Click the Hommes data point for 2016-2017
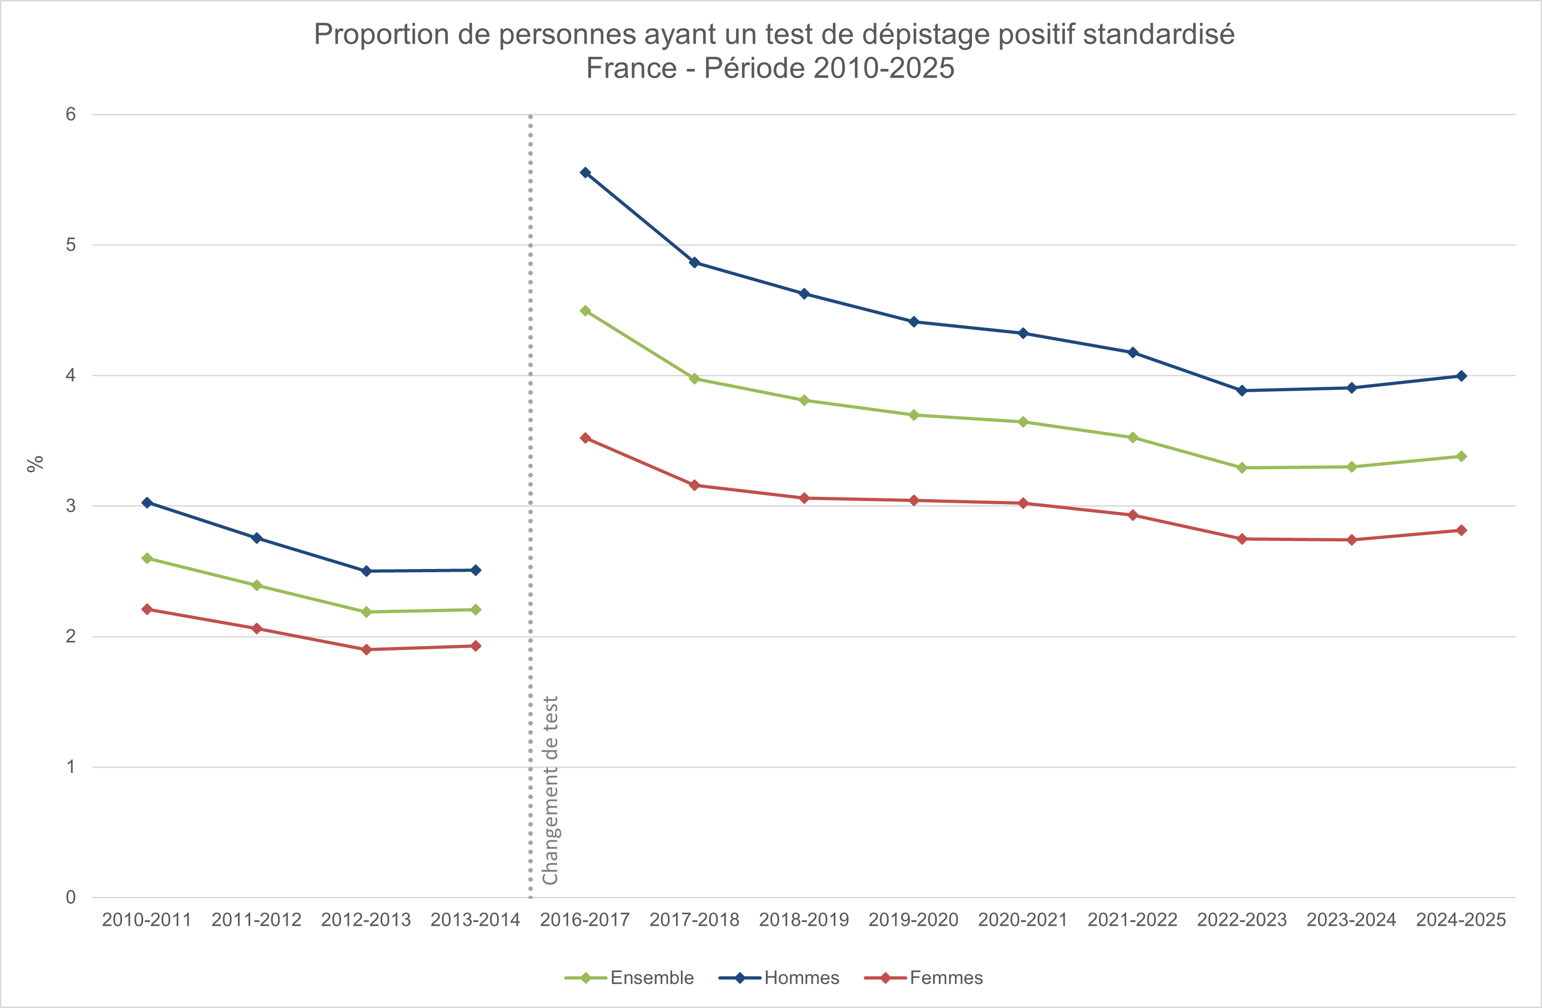[585, 172]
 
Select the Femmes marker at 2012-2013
[366, 649]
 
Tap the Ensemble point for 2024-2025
[1461, 456]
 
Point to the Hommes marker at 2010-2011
[147, 502]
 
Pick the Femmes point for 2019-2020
[914, 501]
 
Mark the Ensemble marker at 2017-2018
[694, 378]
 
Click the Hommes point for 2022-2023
[1242, 390]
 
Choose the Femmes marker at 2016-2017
[585, 438]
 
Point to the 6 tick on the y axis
[71, 114]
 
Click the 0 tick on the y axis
[71, 898]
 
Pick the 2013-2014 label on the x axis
[475, 920]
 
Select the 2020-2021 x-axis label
[1023, 920]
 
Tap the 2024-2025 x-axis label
[1461, 920]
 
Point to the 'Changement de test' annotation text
[550, 790]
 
